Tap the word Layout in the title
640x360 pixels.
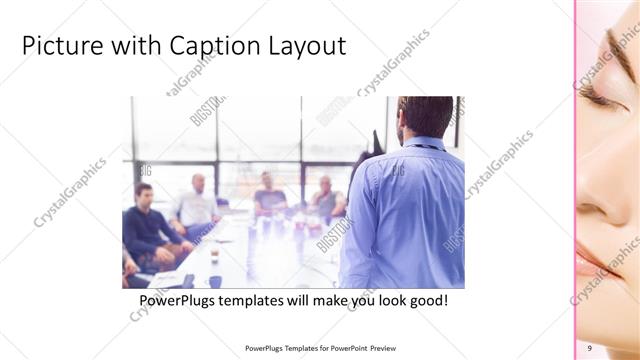coord(310,46)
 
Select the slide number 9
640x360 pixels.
coord(590,347)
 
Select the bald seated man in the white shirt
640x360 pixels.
coord(196,205)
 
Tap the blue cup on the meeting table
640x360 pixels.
coord(214,281)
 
